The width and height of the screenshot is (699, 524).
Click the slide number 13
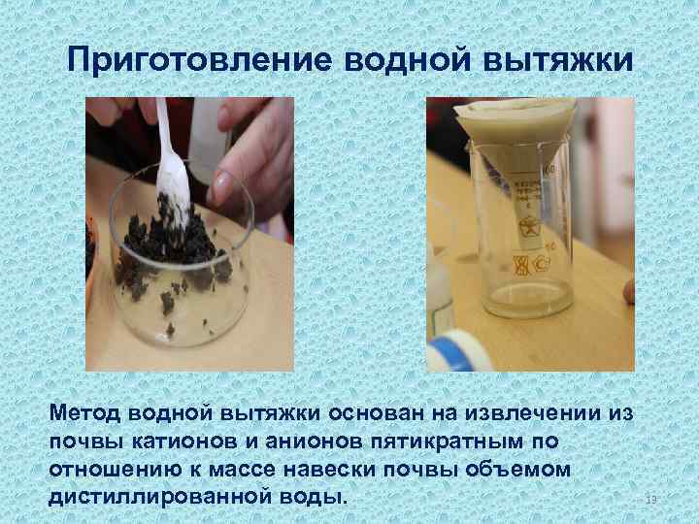tap(651, 500)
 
